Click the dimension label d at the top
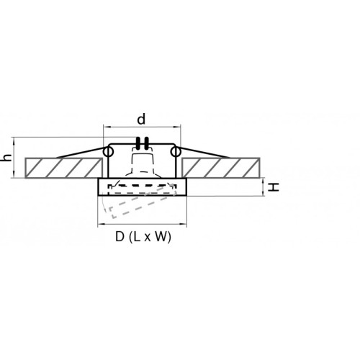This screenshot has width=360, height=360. pyautogui.click(x=141, y=119)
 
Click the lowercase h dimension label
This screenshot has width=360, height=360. pyautogui.click(x=7, y=158)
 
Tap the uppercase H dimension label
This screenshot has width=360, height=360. pyautogui.click(x=274, y=187)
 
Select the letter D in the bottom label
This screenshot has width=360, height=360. pyautogui.click(x=120, y=237)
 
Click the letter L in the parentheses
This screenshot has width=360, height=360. pyautogui.click(x=137, y=237)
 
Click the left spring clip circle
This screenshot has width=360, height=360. pyautogui.click(x=109, y=152)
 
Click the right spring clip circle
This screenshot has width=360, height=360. pyautogui.click(x=176, y=152)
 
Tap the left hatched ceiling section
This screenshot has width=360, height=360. pyautogui.click(x=63, y=168)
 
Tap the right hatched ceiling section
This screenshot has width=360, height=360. pyautogui.click(x=220, y=168)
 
